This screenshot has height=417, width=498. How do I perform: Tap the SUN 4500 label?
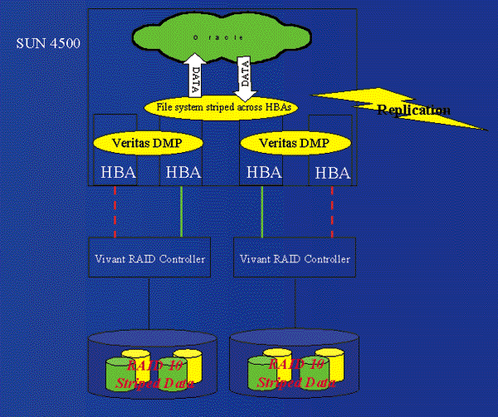pyautogui.click(x=48, y=42)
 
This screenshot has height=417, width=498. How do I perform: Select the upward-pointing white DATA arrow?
pyautogui.click(x=193, y=78)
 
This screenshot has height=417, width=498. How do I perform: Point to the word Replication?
pyautogui.click(x=413, y=110)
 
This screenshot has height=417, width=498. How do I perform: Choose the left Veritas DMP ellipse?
pyautogui.click(x=149, y=143)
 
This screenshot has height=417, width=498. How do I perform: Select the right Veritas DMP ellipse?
pyautogui.click(x=295, y=143)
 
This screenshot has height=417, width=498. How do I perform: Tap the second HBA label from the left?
pyautogui.click(x=183, y=173)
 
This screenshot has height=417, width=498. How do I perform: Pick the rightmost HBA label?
pyautogui.click(x=332, y=173)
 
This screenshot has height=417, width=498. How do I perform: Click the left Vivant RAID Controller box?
pyautogui.click(x=149, y=259)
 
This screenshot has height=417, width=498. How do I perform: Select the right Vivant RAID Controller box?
pyautogui.click(x=295, y=259)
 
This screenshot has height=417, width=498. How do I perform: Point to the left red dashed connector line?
pyautogui.click(x=115, y=212)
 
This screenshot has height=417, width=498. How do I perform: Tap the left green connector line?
pyautogui.click(x=182, y=212)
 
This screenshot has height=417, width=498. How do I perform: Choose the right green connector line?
pyautogui.click(x=262, y=212)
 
